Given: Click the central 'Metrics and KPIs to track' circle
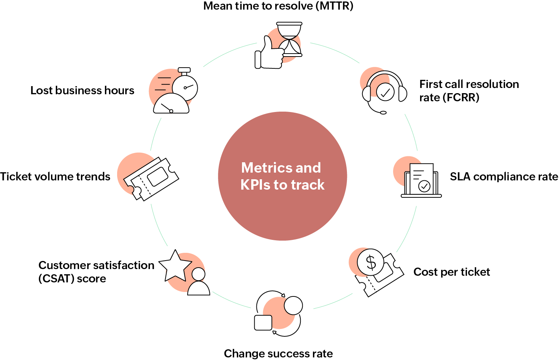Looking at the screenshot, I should (282, 176).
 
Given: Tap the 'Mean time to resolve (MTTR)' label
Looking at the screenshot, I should (278, 6).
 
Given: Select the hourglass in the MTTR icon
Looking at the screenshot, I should (290, 39).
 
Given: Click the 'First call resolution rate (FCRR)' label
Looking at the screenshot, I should (468, 91).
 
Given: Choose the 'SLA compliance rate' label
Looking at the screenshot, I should (504, 177).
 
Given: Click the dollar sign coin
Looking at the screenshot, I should (371, 262).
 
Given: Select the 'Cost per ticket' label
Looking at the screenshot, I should (451, 272).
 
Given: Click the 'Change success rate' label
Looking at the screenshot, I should (278, 353).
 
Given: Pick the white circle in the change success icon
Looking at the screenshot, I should (293, 305).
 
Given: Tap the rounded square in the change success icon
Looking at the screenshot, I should (263, 323).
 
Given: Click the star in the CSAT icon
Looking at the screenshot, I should (175, 266).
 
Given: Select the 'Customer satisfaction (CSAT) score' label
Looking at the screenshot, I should (96, 272).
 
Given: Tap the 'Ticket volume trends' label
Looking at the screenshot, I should (55, 177).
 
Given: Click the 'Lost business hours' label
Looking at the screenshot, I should (82, 91).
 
